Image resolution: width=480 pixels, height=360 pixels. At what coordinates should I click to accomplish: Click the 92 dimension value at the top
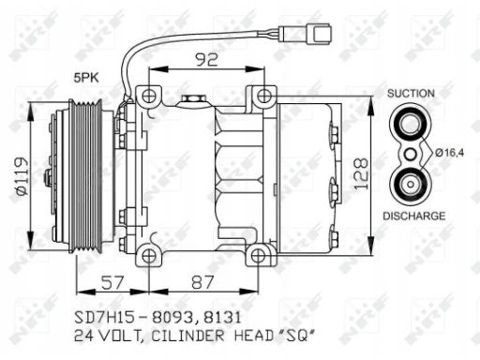[206, 59]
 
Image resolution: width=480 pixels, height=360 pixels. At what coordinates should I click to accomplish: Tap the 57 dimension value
[112, 283]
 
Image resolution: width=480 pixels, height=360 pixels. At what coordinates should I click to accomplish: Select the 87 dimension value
[202, 282]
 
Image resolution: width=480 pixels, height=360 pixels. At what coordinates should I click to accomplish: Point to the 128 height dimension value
[361, 173]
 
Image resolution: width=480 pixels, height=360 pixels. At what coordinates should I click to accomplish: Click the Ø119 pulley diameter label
[22, 176]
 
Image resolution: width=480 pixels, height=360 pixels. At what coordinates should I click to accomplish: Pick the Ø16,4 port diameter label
[450, 153]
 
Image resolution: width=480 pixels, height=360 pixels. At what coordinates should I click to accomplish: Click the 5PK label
[86, 77]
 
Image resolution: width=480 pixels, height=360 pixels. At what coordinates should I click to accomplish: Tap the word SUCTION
[411, 93]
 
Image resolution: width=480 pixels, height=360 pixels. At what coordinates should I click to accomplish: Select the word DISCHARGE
[414, 216]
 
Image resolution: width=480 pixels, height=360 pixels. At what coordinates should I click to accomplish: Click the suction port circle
[411, 124]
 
